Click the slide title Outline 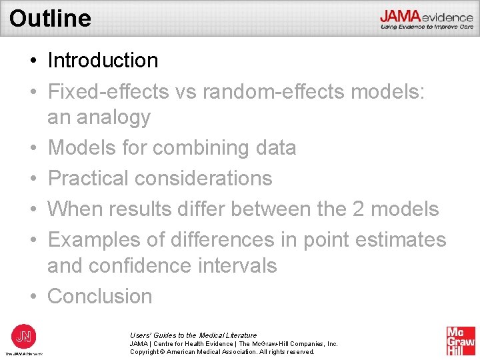tap(51, 18)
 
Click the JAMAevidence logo tap(427, 19)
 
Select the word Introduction tap(103, 61)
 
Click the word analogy tap(113, 117)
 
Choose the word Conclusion tap(100, 296)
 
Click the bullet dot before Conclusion tap(33, 297)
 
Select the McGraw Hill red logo tap(461, 341)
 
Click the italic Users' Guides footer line tap(193, 335)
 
